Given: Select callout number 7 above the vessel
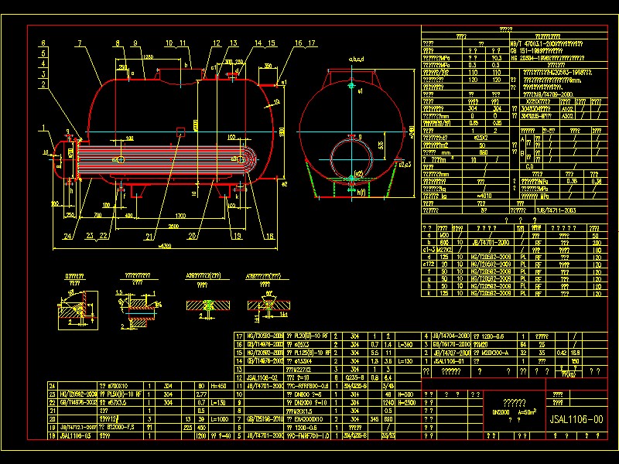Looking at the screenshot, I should pyautogui.click(x=80, y=43).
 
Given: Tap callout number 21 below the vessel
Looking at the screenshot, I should pyautogui.click(x=149, y=235).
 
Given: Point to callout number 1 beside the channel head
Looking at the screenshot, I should pyautogui.click(x=44, y=127).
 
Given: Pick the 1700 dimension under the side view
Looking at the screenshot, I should pyautogui.click(x=179, y=214).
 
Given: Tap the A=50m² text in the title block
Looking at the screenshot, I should pyautogui.click(x=527, y=413).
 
